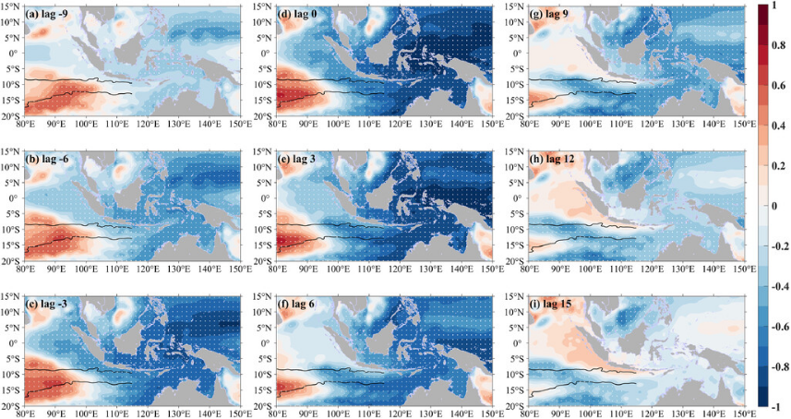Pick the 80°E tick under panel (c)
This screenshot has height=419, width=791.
coord(25,413)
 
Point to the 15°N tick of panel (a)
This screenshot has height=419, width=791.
coord(11,7)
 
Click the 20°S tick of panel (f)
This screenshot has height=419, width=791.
coord(263,404)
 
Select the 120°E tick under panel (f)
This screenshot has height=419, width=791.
coord(399,413)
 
